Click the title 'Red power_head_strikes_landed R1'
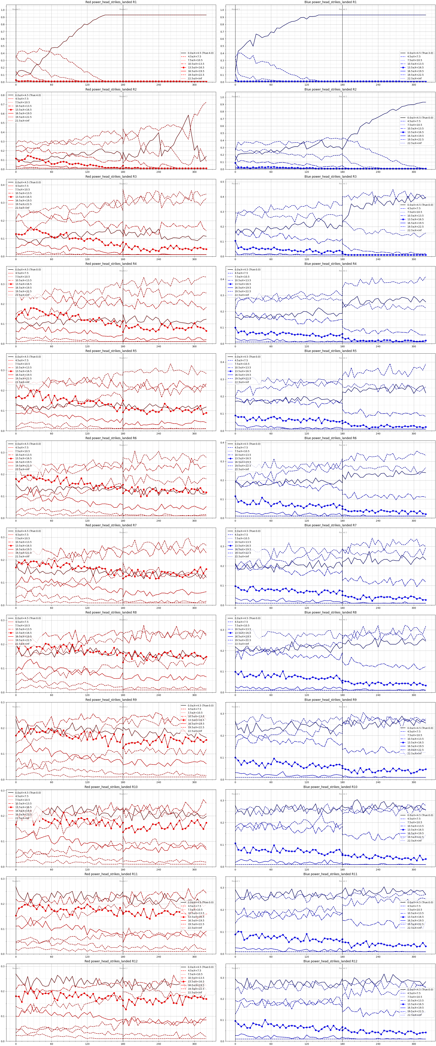tap(111, 2)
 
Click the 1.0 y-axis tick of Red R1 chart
tap(8, 10)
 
